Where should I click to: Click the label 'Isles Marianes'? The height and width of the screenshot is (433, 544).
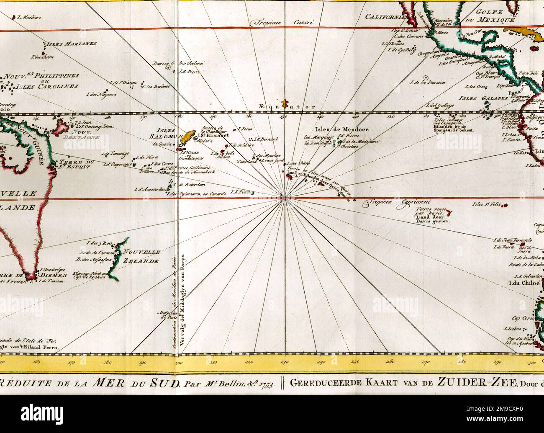(x=70, y=44)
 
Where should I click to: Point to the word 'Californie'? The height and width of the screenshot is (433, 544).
(x=385, y=17)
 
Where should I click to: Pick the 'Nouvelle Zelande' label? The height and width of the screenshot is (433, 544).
(x=141, y=256)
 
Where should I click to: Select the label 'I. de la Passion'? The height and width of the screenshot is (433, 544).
(x=428, y=82)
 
